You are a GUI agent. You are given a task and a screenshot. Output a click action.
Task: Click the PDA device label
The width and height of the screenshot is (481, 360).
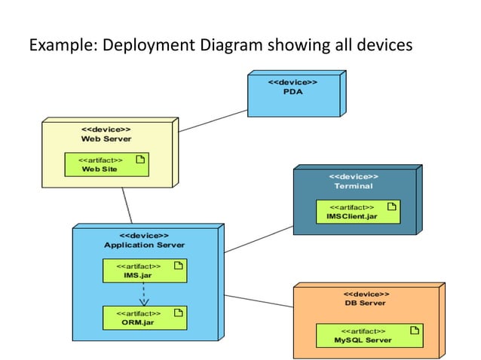pos(293,92)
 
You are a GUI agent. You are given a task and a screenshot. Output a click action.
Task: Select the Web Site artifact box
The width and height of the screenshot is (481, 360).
pos(106,164)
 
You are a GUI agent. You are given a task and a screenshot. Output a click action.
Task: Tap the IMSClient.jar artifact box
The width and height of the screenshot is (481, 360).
pos(357,212)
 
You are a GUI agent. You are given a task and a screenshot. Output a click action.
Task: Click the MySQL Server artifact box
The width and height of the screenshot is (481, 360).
pos(369,335)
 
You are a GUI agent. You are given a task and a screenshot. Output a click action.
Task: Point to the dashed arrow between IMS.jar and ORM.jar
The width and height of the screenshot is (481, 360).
pos(145,294)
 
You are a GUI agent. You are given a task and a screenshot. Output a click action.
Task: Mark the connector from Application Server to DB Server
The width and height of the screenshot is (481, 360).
pos(258,301)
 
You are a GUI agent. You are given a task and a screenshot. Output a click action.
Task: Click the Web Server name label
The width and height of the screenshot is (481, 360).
pos(106,139)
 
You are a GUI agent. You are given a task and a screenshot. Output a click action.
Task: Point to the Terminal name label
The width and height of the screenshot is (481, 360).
pos(354,186)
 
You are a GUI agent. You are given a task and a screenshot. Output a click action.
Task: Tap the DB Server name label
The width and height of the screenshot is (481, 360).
pos(366,303)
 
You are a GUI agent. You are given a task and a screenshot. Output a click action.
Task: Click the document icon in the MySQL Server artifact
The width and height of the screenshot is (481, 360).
pos(414,330)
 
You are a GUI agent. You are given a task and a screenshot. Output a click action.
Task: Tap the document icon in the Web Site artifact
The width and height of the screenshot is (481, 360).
pos(139,159)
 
